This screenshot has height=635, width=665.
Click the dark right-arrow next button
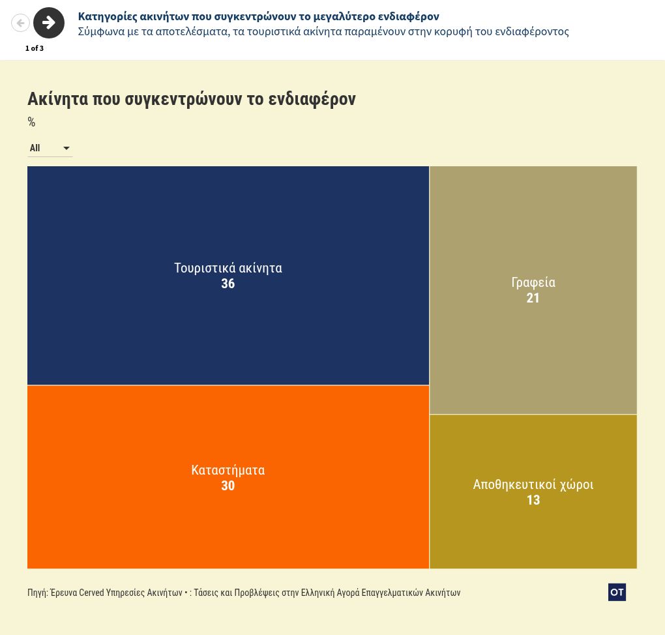click(49, 23)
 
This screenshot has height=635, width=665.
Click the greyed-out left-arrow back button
click(20, 23)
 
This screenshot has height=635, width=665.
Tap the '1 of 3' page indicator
click(35, 48)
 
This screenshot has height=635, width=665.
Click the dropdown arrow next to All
click(66, 149)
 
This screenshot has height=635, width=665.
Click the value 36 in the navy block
click(228, 284)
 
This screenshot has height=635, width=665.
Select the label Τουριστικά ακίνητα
click(228, 268)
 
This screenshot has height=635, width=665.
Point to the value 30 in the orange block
click(228, 486)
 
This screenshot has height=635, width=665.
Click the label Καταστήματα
click(228, 470)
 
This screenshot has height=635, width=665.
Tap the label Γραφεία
click(533, 282)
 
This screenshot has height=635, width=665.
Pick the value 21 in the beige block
click(533, 298)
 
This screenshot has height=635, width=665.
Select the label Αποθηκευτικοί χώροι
click(533, 484)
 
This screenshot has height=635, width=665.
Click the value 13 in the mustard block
click(533, 500)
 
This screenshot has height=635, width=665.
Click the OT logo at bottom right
click(617, 592)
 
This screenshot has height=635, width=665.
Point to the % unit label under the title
click(31, 122)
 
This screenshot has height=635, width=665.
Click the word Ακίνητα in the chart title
click(57, 99)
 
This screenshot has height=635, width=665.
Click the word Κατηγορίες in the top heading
click(108, 16)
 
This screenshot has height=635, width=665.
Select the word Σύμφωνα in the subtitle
click(100, 31)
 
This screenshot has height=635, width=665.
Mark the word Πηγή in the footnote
click(37, 593)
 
